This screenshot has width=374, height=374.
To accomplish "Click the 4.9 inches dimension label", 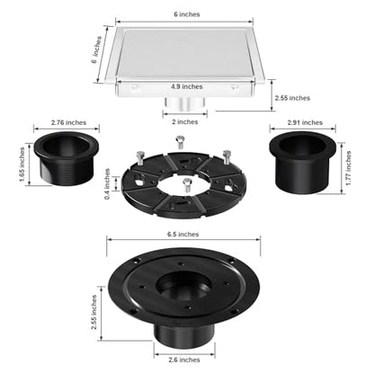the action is pos(187,86).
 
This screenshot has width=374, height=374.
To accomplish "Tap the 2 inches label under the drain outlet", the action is pos(185,122).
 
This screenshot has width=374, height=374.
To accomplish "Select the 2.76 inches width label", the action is pos(68,122).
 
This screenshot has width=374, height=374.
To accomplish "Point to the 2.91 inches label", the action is pos(305,122).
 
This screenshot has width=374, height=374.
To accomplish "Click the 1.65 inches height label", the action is pos(22,165).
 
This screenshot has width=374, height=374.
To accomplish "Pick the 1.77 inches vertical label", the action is pos(349,168).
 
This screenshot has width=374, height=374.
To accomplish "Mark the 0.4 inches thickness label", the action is pos(107,183).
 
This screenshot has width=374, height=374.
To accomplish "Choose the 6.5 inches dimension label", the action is pos(183,234).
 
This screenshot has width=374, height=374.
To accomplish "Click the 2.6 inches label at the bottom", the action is pos(184,360).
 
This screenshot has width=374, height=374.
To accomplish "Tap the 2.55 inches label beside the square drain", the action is pos(292,98).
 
